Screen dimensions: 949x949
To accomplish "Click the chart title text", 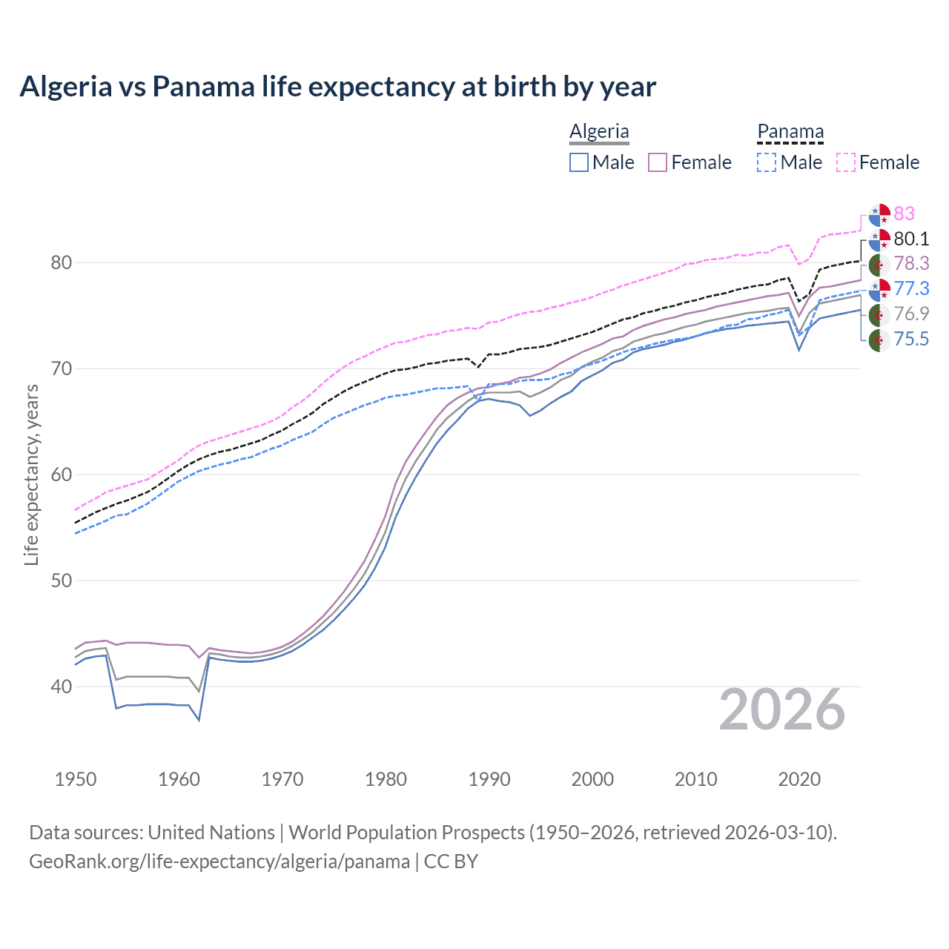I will click(x=337, y=87).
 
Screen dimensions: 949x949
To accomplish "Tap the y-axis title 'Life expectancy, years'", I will click(x=31, y=474).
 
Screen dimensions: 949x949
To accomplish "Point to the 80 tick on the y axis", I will click(x=62, y=262).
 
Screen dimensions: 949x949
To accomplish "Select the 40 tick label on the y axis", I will click(x=62, y=687).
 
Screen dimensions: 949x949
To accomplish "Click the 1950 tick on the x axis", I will click(x=76, y=779).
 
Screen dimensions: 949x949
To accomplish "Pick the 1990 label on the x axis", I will click(x=489, y=779).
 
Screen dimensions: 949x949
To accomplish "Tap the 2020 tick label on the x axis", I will click(x=799, y=779).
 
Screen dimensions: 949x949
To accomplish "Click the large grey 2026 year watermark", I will click(x=782, y=710).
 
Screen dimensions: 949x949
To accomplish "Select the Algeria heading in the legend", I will click(x=599, y=131).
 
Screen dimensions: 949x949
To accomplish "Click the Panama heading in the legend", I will click(x=790, y=131).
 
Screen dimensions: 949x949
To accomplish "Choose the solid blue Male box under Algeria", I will click(x=579, y=162).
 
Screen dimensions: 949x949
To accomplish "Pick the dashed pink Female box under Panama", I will click(x=846, y=162).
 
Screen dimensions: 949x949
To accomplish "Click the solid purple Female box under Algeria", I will click(x=658, y=162).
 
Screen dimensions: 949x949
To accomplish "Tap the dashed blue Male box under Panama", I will click(x=767, y=162).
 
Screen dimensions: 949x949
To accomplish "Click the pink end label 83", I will click(x=904, y=214).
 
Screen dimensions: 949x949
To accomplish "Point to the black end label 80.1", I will click(x=911, y=239).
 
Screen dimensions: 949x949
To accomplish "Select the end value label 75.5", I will click(x=911, y=340).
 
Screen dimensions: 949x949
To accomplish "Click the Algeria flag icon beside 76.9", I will click(x=879, y=314).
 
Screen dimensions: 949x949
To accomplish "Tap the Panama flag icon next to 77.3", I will click(x=879, y=289).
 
